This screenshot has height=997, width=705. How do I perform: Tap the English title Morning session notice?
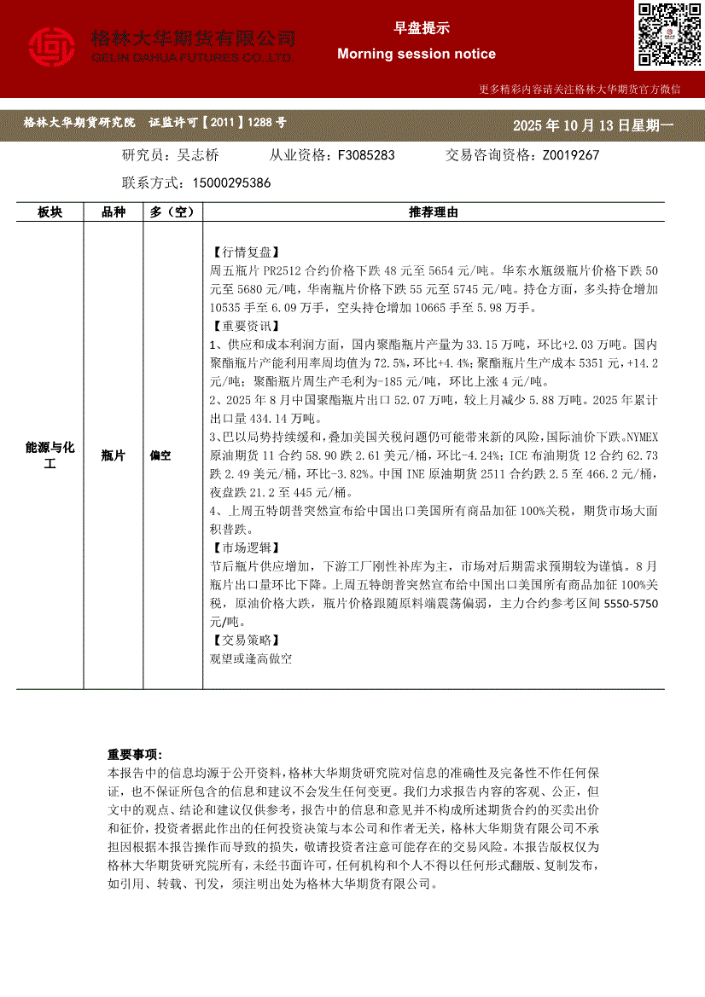point(417,54)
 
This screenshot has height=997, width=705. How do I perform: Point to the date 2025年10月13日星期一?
point(593,125)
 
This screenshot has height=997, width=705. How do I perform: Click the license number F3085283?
point(366,155)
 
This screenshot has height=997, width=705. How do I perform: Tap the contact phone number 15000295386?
point(232,183)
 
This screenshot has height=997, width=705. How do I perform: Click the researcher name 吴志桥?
point(198,155)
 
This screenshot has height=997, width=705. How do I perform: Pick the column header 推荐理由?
point(434,212)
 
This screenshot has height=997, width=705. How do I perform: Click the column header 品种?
point(114,212)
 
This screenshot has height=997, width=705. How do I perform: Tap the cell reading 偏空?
point(160,456)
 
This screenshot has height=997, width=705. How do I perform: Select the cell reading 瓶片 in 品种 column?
point(114,456)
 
